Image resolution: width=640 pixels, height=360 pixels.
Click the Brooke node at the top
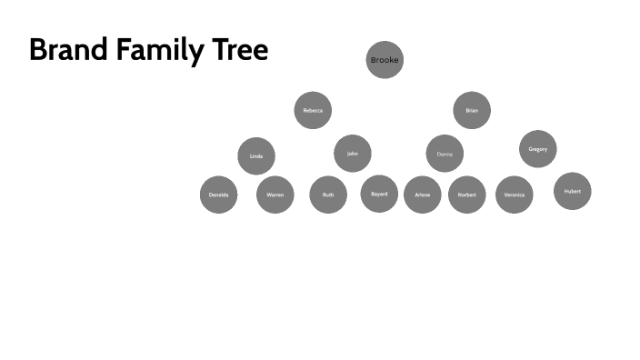coord(384,60)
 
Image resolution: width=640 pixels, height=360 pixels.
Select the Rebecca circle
coord(313,110)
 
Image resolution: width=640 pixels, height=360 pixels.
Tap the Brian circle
coord(472,110)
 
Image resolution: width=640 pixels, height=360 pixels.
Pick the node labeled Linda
coord(256,156)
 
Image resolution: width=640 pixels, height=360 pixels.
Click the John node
coord(353,154)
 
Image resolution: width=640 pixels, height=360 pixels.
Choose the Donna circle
coord(445,154)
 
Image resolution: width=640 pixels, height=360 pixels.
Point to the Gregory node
coord(537,149)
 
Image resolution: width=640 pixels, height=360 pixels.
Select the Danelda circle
coord(218,195)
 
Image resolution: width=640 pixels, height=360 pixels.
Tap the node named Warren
coord(275,195)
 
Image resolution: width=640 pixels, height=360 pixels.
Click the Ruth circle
coord(328,195)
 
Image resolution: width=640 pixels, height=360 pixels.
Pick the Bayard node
coord(379,194)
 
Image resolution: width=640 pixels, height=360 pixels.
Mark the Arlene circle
coord(422,195)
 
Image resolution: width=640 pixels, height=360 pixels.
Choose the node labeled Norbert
coord(466,195)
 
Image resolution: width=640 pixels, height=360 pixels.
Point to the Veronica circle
coord(514,195)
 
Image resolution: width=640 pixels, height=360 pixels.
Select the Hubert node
coord(572,191)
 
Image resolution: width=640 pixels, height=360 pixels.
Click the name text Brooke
coord(384,60)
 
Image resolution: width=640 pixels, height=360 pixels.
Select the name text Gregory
coord(537,149)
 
